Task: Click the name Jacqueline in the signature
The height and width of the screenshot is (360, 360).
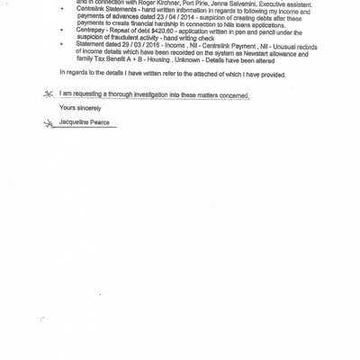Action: pyautogui.click(x=76, y=121)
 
